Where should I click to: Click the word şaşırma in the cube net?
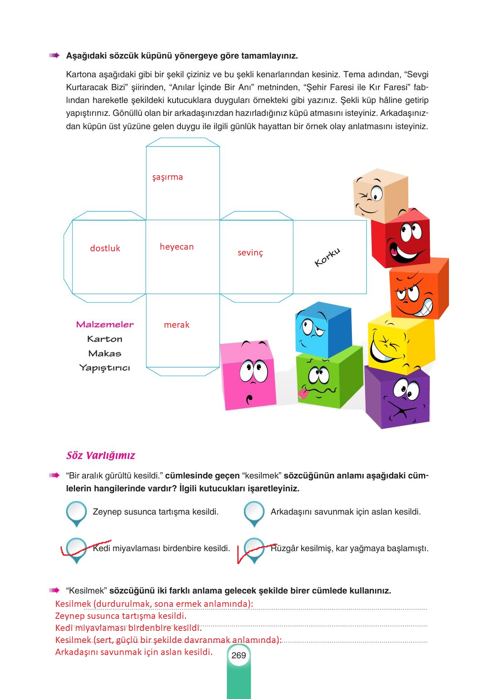(x=167, y=177)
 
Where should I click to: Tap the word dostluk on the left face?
(x=105, y=248)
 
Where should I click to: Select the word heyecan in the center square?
(x=177, y=247)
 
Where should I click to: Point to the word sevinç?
(x=250, y=253)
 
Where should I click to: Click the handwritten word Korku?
(x=327, y=257)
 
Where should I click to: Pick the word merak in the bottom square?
(x=176, y=325)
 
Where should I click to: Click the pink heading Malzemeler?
(x=105, y=324)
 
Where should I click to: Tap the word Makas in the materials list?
(x=105, y=353)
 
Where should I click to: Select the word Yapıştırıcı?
(x=105, y=368)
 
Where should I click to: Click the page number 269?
(x=239, y=655)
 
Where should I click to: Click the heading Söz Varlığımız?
(x=101, y=455)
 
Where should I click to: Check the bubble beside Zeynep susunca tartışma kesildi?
(x=76, y=512)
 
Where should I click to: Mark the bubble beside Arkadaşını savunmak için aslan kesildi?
(x=254, y=512)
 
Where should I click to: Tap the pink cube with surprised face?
(x=248, y=375)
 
